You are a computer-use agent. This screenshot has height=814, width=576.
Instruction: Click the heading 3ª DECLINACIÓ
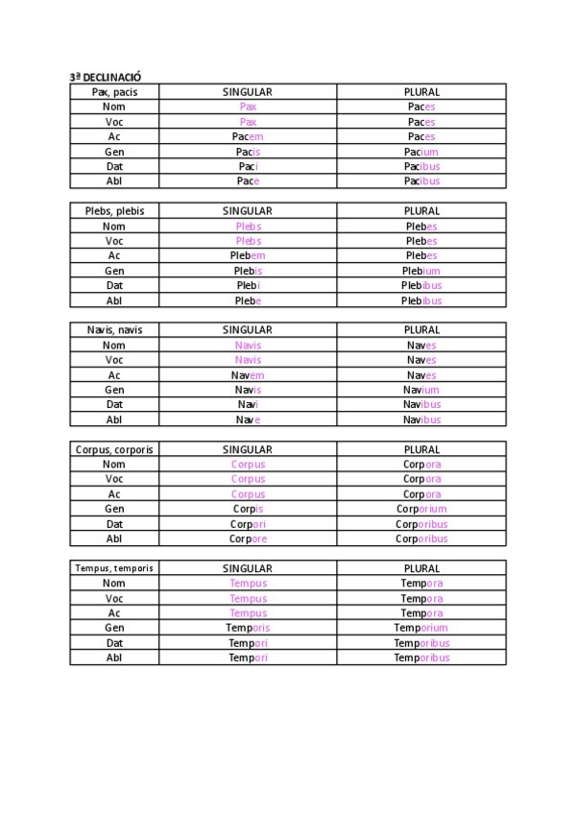pyautogui.click(x=106, y=77)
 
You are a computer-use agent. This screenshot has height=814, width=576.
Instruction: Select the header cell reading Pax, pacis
pyautogui.click(x=114, y=92)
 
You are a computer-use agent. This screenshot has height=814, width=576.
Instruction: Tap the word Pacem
pyautogui.click(x=248, y=137)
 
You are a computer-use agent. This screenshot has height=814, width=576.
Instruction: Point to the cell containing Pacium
pyautogui.click(x=421, y=152)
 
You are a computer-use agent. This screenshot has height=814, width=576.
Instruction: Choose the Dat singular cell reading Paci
pyautogui.click(x=248, y=166)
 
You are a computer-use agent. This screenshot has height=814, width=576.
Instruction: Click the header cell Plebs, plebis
pyautogui.click(x=114, y=211)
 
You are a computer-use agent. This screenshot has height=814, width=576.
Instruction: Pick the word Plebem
pyautogui.click(x=248, y=255)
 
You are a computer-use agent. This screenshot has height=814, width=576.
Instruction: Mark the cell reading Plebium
pyautogui.click(x=421, y=271)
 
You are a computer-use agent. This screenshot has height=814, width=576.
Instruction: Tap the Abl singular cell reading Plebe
pyautogui.click(x=248, y=300)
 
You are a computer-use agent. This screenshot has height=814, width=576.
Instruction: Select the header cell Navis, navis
pyautogui.click(x=114, y=330)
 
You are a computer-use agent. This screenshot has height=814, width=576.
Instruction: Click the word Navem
pyautogui.click(x=248, y=375)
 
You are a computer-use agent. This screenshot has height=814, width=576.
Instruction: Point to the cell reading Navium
pyautogui.click(x=421, y=390)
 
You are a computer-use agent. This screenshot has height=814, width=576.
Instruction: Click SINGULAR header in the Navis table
pyautogui.click(x=248, y=330)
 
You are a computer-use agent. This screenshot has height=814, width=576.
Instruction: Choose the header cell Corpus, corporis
pyautogui.click(x=114, y=449)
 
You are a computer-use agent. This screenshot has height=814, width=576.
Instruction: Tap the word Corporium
pyautogui.click(x=421, y=509)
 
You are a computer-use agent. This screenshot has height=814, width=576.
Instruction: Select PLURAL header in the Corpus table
pyautogui.click(x=421, y=449)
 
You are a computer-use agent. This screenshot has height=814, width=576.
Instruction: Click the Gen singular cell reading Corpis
pyautogui.click(x=248, y=509)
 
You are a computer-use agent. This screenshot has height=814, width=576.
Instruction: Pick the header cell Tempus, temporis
pyautogui.click(x=114, y=568)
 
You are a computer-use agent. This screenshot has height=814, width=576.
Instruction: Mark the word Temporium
pyautogui.click(x=421, y=628)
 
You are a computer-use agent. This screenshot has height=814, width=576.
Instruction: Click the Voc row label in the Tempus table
pyautogui.click(x=114, y=598)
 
